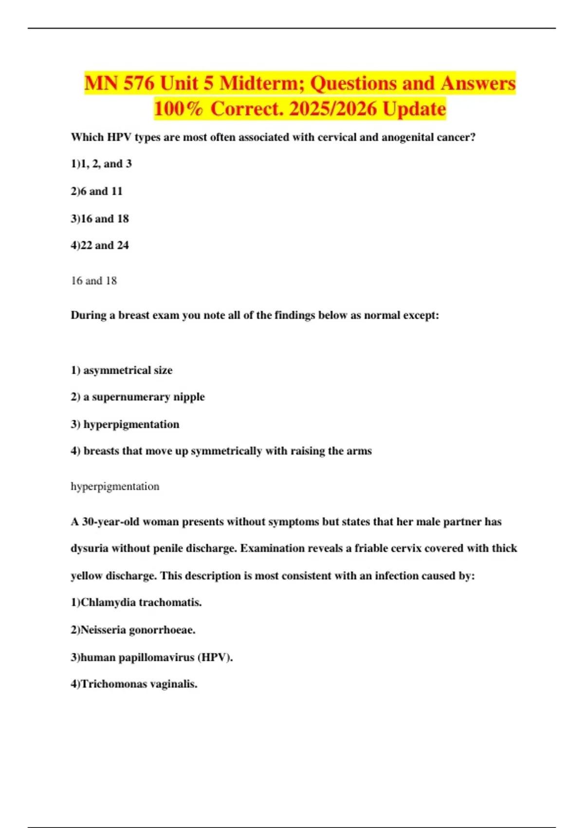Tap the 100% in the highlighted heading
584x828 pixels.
[x=179, y=109]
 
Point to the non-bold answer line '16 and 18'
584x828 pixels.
[x=94, y=281]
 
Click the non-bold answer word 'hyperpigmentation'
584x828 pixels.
[x=115, y=487]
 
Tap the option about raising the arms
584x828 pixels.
[x=221, y=451]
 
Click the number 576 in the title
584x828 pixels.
[x=139, y=83]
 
